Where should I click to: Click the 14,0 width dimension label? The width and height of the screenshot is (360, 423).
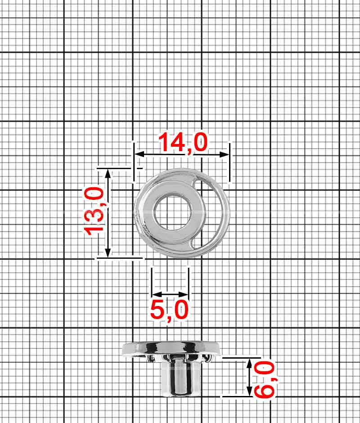[x=183, y=143]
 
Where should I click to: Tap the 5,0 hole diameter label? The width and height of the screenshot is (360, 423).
[x=169, y=310]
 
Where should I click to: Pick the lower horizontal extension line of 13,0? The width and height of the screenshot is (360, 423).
[x=119, y=258]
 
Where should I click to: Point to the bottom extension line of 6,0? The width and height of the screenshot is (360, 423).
[x=236, y=397]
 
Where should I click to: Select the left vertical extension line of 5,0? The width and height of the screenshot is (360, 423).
[x=152, y=281]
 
